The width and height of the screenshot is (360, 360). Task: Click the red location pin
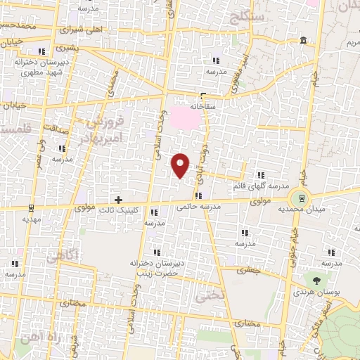(181, 165)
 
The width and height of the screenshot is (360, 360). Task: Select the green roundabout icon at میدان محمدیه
(302, 198)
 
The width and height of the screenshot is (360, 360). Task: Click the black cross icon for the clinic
(118, 200)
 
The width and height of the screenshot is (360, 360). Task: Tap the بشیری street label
(63, 49)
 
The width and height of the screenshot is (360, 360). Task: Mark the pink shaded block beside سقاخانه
(186, 117)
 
